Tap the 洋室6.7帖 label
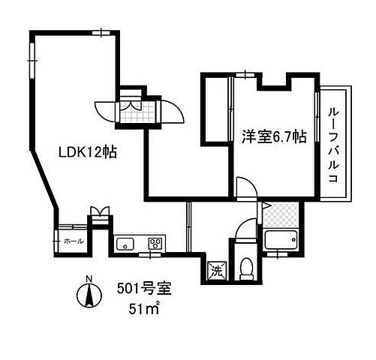point(272,136)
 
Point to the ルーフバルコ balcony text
point(332,145)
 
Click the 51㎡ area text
point(143,307)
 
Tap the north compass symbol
point(89,297)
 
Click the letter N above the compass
point(89,280)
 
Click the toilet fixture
point(245,266)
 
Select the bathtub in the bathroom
point(282,241)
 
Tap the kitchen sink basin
point(125,242)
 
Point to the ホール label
point(74,241)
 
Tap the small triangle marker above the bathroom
point(266,205)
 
